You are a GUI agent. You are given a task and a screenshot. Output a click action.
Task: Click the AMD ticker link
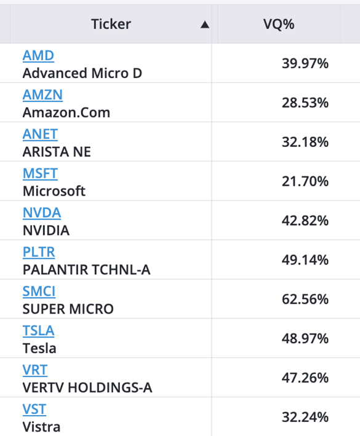pos(38,55)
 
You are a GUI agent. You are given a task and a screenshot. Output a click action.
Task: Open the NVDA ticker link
pos(42,213)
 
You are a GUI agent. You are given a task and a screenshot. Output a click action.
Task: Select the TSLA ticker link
pos(39,331)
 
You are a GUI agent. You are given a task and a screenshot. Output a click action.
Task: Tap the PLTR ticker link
pos(39,252)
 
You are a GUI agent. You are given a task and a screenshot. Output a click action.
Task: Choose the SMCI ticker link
pos(39,291)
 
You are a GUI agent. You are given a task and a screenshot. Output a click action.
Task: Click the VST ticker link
pos(34,410)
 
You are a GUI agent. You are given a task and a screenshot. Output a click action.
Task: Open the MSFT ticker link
pos(40,173)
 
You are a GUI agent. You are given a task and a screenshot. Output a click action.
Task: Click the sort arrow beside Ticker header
pos(205,25)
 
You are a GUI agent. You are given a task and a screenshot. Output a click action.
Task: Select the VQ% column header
pos(279,24)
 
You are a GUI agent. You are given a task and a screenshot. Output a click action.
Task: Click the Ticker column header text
pos(111,24)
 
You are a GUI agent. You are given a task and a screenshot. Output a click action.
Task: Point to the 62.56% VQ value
pos(305,299)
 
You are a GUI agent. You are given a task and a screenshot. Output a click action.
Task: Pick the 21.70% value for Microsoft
pos(305,181)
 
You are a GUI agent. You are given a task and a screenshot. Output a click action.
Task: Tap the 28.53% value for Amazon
pos(305,103)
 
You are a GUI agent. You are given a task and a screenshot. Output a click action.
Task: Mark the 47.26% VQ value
pos(305,378)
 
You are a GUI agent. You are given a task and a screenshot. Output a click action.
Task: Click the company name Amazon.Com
pos(66,113)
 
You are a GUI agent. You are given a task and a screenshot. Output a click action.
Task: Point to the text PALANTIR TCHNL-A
pos(87,270)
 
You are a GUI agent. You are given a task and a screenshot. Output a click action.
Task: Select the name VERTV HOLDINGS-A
pos(87,387)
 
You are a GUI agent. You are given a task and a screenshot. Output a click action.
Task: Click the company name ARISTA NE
pos(57,152)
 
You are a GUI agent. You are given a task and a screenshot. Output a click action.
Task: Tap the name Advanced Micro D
pos(82,73)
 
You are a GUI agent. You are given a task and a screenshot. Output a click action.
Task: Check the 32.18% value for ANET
pos(305,142)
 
